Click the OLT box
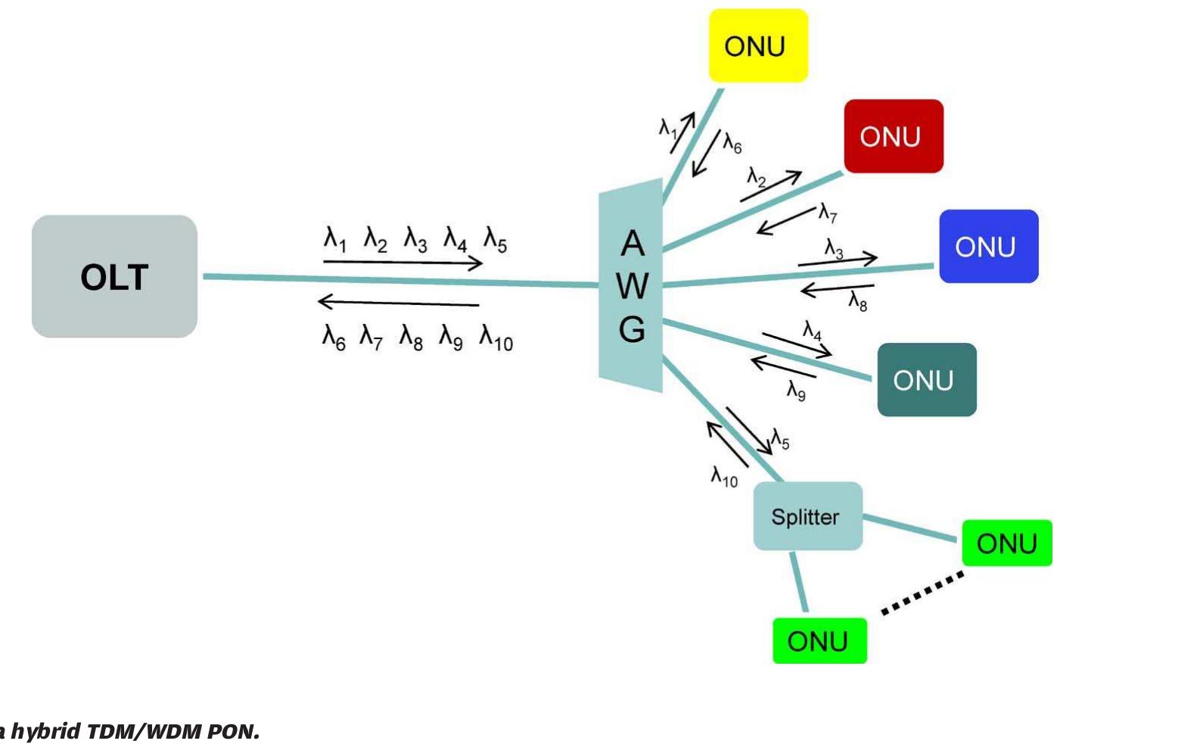pos(114,276)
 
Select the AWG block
pos(632,286)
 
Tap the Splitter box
pos(807,516)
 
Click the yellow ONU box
pos(758,46)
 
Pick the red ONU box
pos(894,136)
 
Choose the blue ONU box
pos(988,247)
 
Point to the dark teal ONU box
pos(927,380)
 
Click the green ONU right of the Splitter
pos(1006,543)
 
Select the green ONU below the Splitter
pos(819,641)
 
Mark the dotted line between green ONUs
pos(922,593)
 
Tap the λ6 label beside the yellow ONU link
pos(732,142)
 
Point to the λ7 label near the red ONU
pos(828,213)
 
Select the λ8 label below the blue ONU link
pos(857,302)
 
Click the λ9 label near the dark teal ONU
pos(796,391)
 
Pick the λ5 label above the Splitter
pos(780,439)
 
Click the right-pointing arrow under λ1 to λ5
pos(403,263)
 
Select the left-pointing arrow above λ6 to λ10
pos(399,303)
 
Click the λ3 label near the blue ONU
pos(833,248)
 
